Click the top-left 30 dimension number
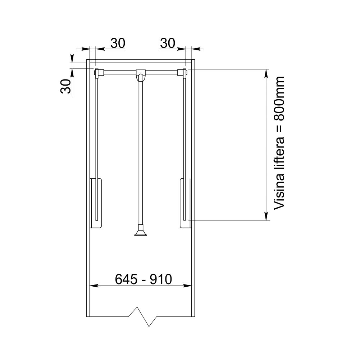[x=118, y=43]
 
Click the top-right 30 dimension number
[x=168, y=43]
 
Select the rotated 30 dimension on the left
[x=65, y=86]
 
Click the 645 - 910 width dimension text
[x=143, y=279]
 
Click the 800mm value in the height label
[x=279, y=99]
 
